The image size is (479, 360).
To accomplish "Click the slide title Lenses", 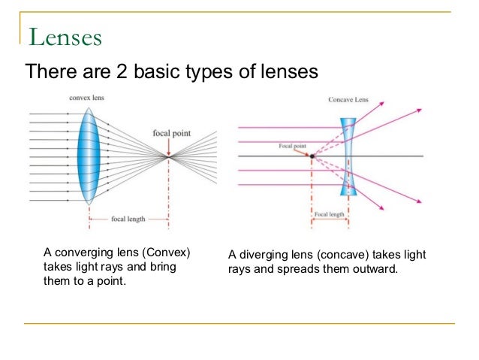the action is click(x=66, y=37).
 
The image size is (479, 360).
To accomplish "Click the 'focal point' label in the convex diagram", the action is click(x=170, y=133).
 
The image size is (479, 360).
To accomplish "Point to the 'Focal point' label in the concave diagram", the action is click(x=291, y=146).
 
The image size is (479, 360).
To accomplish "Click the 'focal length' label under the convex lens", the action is click(x=126, y=219).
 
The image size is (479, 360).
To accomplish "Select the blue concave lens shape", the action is click(x=347, y=156).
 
